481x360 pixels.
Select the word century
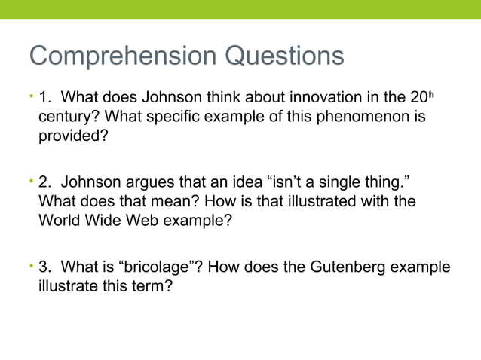click(66, 118)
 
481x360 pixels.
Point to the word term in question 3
click(147, 287)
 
